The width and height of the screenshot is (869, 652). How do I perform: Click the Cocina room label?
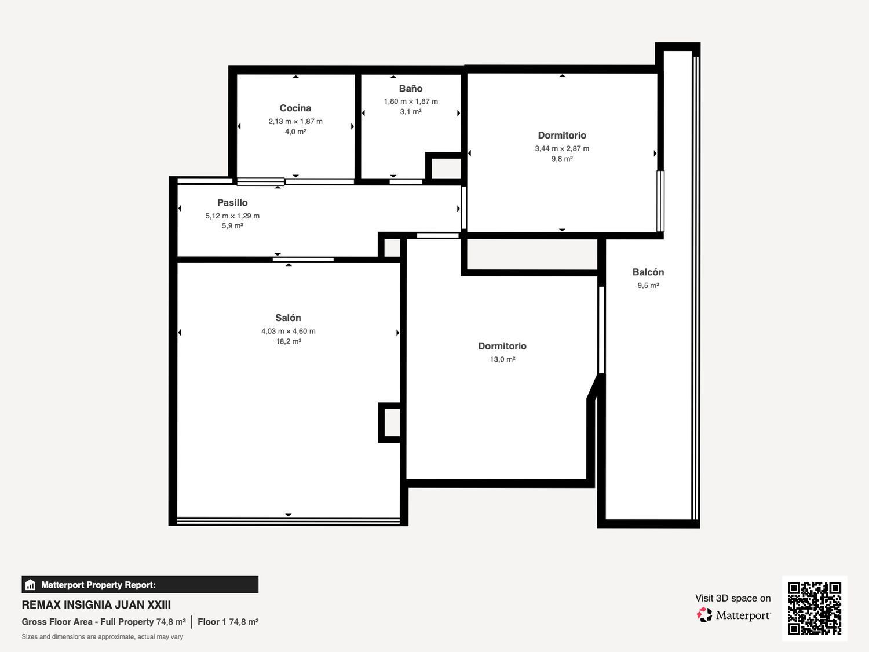(295, 108)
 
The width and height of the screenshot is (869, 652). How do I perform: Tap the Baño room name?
(411, 88)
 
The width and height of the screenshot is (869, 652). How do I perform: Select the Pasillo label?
(232, 203)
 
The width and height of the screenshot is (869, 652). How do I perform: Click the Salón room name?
(288, 318)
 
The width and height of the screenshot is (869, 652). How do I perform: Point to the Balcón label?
(648, 272)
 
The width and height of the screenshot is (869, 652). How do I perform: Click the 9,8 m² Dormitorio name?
(562, 136)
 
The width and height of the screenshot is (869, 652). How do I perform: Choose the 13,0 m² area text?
(502, 359)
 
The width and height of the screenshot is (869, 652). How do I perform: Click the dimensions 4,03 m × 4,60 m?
(288, 331)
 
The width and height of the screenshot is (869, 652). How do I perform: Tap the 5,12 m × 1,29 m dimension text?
(232, 216)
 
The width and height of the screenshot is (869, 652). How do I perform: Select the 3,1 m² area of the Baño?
(411, 112)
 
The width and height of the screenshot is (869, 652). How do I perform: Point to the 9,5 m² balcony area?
(648, 285)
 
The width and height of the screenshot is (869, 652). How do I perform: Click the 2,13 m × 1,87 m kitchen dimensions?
(295, 121)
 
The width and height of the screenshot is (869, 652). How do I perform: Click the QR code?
(815, 609)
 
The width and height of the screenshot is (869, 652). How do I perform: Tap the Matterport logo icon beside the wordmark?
(704, 615)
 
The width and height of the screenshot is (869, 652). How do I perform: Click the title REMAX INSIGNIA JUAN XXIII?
(96, 605)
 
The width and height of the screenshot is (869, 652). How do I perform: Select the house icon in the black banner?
(31, 585)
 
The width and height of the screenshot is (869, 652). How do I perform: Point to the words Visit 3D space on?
(733, 598)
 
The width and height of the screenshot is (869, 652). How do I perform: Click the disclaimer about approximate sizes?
(102, 636)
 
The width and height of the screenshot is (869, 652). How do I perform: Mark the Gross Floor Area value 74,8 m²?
(171, 621)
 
